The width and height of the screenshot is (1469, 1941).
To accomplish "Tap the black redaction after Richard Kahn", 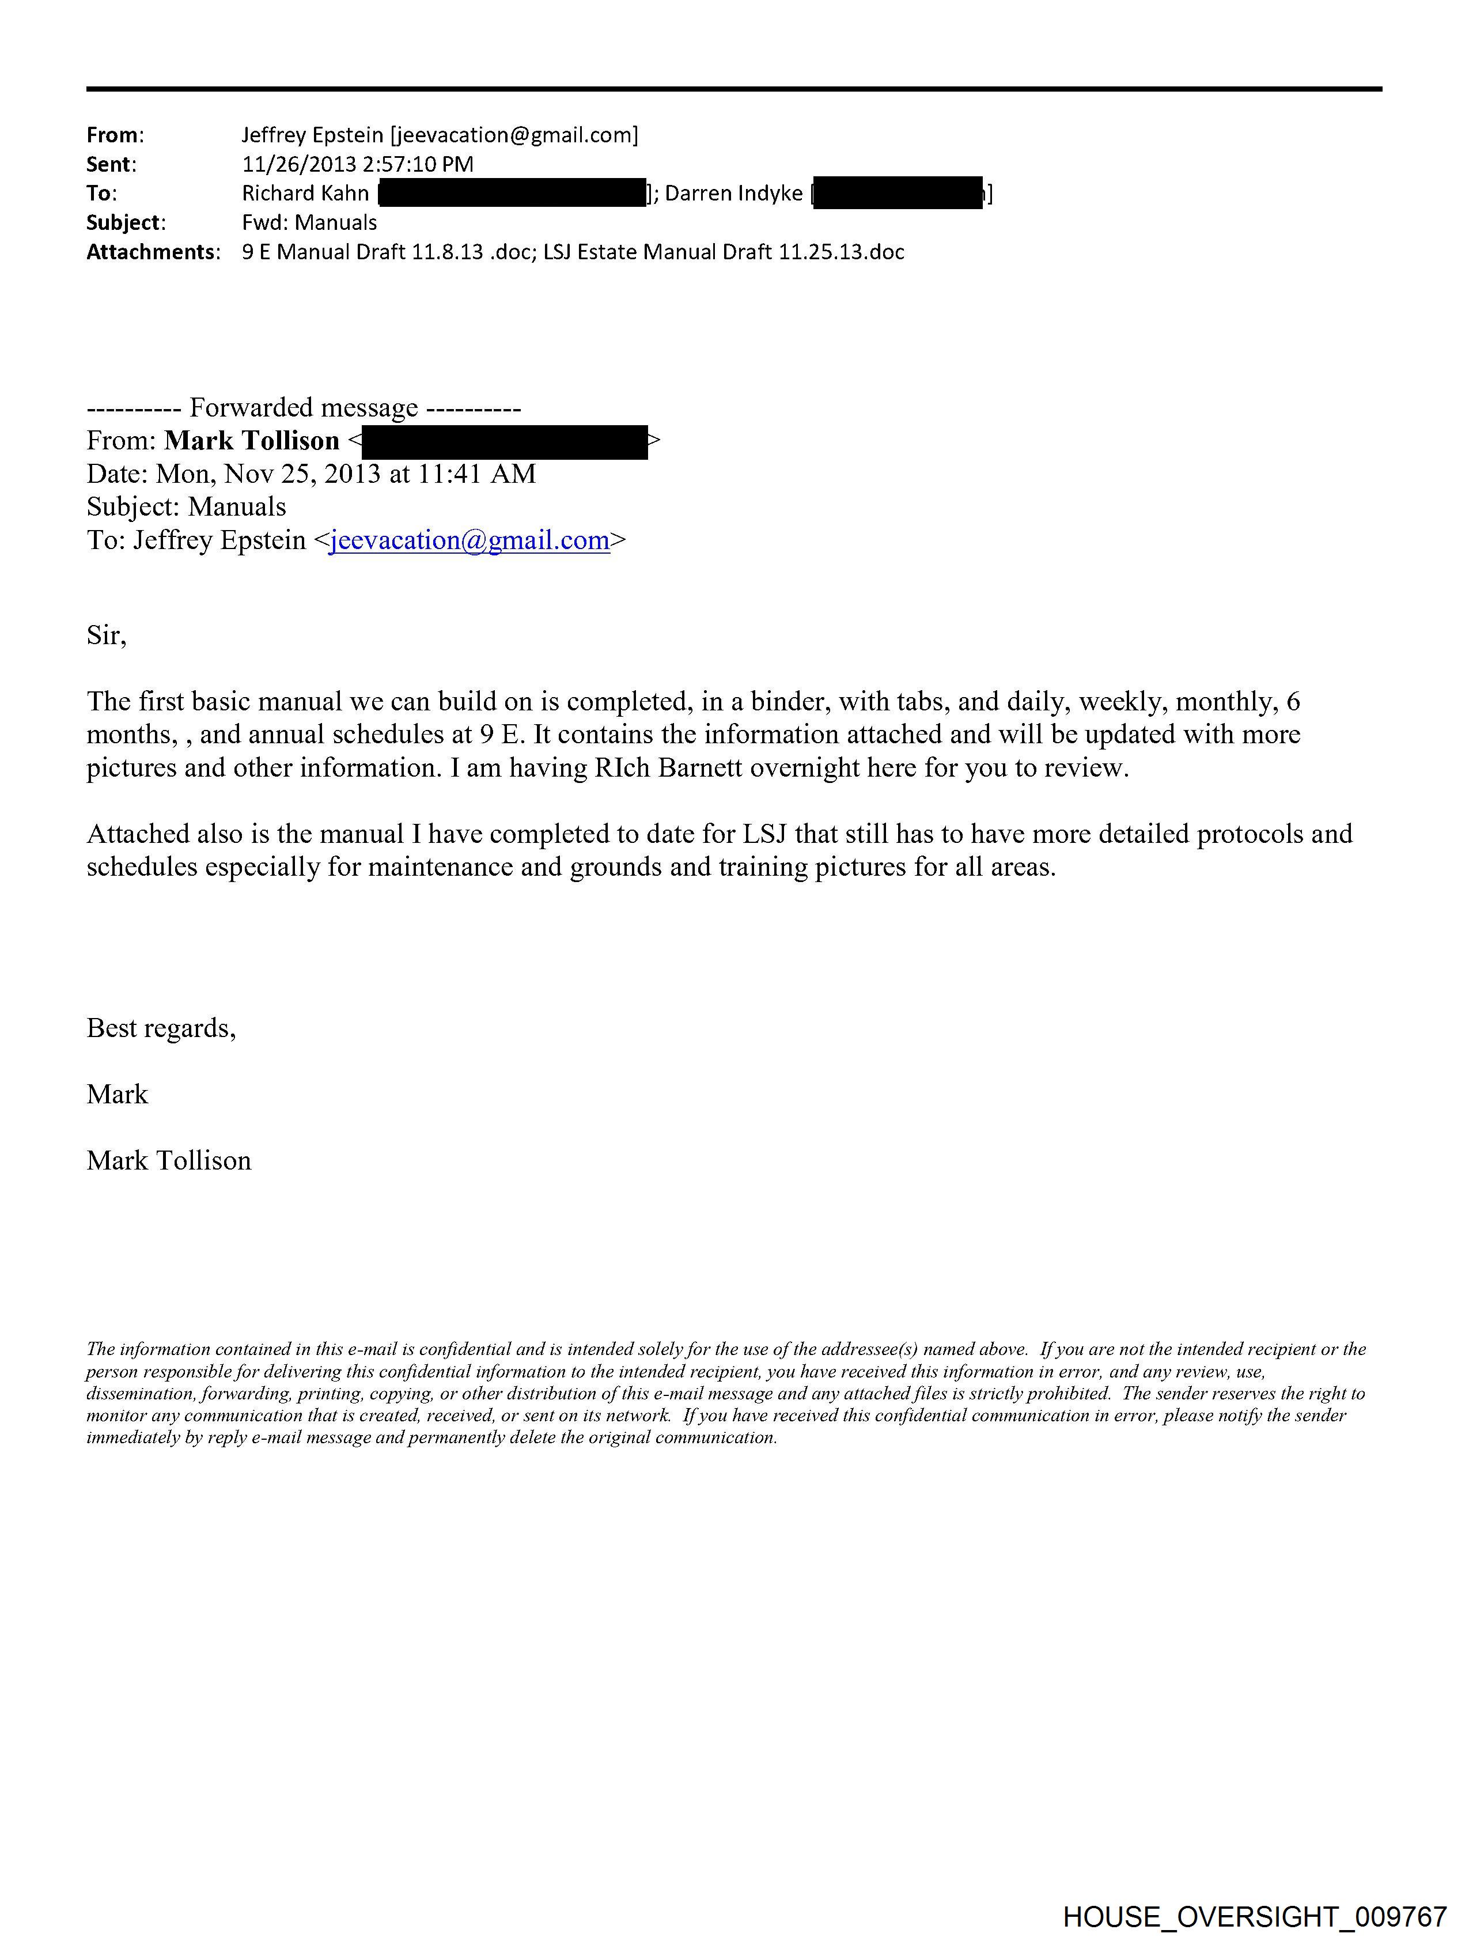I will pyautogui.click(x=512, y=193).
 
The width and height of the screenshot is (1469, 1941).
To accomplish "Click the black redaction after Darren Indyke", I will pyautogui.click(x=898, y=193).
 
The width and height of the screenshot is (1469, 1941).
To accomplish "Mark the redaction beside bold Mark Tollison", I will pyautogui.click(x=505, y=441).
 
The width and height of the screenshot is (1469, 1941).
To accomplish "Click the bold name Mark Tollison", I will pyautogui.click(x=251, y=441).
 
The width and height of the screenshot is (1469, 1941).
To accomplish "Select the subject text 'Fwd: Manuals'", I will pyautogui.click(x=309, y=223).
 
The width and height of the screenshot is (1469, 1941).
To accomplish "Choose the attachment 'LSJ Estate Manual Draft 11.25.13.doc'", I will pyautogui.click(x=723, y=252).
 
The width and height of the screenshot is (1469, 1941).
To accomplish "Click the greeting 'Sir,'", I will pyautogui.click(x=106, y=634).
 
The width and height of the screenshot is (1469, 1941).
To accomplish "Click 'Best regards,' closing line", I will pyautogui.click(x=161, y=1027).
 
